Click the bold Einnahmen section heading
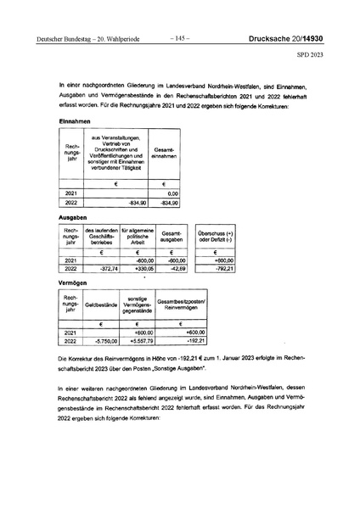pos(77,121)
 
